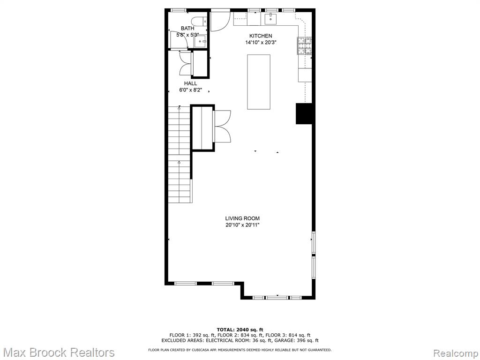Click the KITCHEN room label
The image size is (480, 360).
tap(261, 36)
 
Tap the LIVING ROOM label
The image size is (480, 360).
tap(242, 218)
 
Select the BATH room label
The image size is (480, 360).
tap(187, 29)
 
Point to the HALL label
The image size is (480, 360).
tap(190, 83)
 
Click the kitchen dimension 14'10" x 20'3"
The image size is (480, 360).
tap(261, 43)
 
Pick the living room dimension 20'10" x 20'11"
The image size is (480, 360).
tap(242, 225)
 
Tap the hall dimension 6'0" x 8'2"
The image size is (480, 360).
tap(190, 90)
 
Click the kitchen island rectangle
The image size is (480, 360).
tap(259, 82)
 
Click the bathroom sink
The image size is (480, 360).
tap(201, 41)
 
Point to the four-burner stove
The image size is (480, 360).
tap(304, 46)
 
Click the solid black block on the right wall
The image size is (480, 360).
tap(304, 113)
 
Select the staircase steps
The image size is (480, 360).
tap(180, 154)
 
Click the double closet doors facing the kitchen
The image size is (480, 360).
tap(222, 126)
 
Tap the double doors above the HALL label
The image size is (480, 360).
tap(186, 64)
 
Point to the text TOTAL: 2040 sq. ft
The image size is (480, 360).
tap(240, 330)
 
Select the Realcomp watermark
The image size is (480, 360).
tap(456, 353)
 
